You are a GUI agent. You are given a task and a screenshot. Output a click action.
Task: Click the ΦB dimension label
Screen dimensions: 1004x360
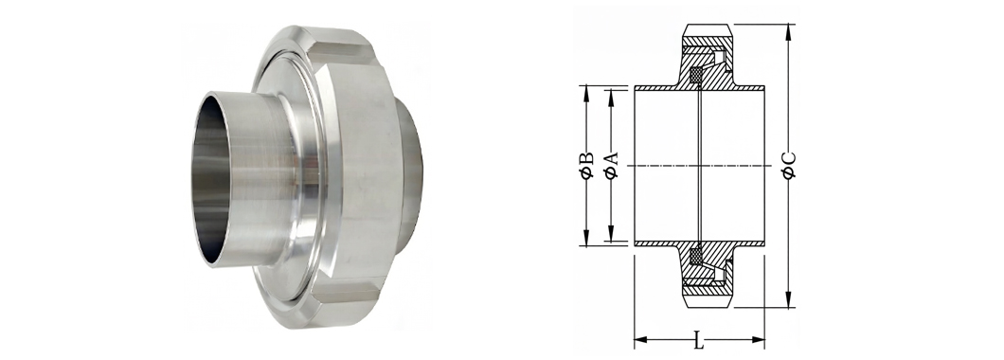tap(586, 165)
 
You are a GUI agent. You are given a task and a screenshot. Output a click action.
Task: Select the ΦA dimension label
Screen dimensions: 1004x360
tap(612, 165)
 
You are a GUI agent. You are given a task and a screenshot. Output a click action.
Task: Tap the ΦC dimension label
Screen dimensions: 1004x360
tap(790, 165)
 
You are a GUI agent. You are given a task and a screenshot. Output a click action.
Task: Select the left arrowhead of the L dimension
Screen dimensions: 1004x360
tap(641, 339)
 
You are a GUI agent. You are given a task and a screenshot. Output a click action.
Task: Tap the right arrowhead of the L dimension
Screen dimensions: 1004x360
tap(757, 339)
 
